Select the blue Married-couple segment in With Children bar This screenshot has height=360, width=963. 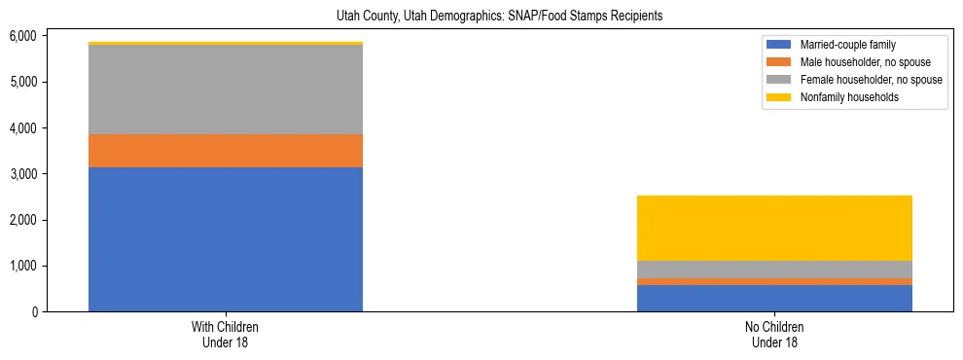pyautogui.click(x=225, y=239)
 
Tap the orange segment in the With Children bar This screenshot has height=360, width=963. pyautogui.click(x=225, y=151)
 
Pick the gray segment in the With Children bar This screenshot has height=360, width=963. pyautogui.click(x=225, y=90)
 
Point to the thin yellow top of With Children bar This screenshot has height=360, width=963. pyautogui.click(x=225, y=44)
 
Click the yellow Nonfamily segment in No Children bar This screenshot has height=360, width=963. pyautogui.click(x=774, y=228)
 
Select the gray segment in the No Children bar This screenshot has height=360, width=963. pyautogui.click(x=774, y=270)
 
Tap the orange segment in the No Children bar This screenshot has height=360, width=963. pyautogui.click(x=774, y=282)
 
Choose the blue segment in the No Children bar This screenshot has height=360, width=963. pyautogui.click(x=774, y=299)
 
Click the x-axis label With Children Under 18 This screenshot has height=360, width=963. pyautogui.click(x=225, y=334)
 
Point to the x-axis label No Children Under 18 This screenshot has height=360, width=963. pyautogui.click(x=774, y=334)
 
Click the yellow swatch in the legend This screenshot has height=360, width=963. pyautogui.click(x=779, y=97)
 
